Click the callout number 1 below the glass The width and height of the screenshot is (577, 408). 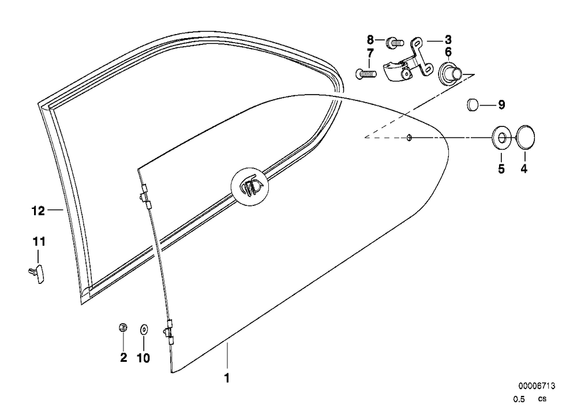227,378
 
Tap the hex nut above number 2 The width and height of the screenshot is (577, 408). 123,327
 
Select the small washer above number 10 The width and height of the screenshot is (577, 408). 144,329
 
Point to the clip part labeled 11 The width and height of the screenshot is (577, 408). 36,274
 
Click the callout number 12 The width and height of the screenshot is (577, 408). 38,211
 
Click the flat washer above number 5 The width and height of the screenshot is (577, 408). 502,138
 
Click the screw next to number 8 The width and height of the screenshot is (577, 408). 395,43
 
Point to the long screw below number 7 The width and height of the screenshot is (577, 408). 366,74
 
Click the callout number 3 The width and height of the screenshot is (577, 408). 448,40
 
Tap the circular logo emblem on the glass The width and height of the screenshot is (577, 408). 250,186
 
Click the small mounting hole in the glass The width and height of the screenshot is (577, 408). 409,137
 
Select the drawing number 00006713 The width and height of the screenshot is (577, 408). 537,386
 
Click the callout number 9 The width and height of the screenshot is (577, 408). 501,105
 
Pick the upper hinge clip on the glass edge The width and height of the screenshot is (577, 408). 145,197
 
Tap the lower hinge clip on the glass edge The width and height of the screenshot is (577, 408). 168,332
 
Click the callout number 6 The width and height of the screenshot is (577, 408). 448,53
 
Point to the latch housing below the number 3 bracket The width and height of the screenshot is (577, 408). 398,70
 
